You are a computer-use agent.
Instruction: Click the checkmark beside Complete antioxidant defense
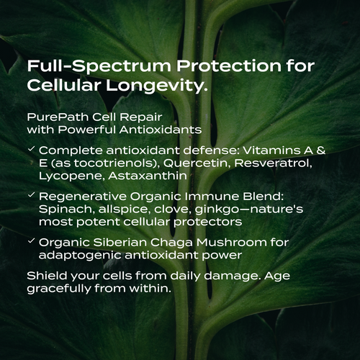pyautogui.click(x=30, y=149)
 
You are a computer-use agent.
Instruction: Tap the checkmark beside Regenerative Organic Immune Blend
pyautogui.click(x=30, y=195)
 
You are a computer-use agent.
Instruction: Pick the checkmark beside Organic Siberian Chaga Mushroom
pyautogui.click(x=30, y=241)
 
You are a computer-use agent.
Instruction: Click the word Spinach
pyautogui.click(x=63, y=208)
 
